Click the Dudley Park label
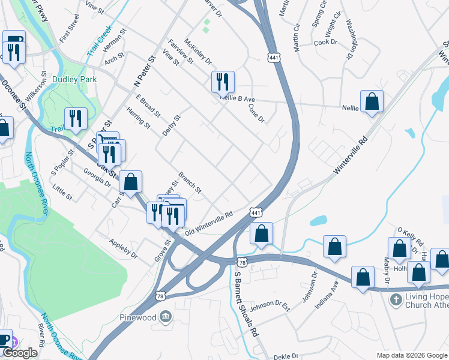(74, 79)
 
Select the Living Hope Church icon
(395, 299)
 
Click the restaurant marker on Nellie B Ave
(223, 82)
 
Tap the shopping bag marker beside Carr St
(130, 181)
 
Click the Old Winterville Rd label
(209, 223)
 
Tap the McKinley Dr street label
(198, 52)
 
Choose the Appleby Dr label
(123, 250)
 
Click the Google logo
(19, 353)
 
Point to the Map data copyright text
(411, 355)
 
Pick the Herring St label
(139, 117)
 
